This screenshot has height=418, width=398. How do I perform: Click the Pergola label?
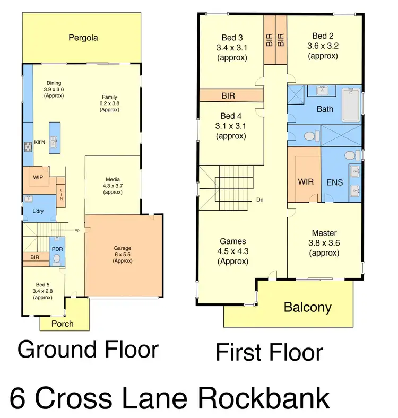point(83,38)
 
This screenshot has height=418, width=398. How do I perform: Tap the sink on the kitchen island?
point(54,140)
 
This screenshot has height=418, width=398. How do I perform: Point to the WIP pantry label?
point(38,177)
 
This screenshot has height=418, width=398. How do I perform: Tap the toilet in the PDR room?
point(57,259)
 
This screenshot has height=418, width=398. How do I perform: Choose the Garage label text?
point(122,248)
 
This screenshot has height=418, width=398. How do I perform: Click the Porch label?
point(63,324)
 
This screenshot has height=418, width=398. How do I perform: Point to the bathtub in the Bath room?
point(350,106)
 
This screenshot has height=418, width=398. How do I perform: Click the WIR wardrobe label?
point(305,182)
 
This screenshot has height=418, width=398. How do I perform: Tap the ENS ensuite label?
point(334,182)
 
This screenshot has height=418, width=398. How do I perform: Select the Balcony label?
point(307,307)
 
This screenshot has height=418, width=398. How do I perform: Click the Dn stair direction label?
point(260,200)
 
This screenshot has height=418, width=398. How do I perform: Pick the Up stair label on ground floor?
point(77,230)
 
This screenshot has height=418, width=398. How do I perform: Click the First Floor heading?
point(269,353)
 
